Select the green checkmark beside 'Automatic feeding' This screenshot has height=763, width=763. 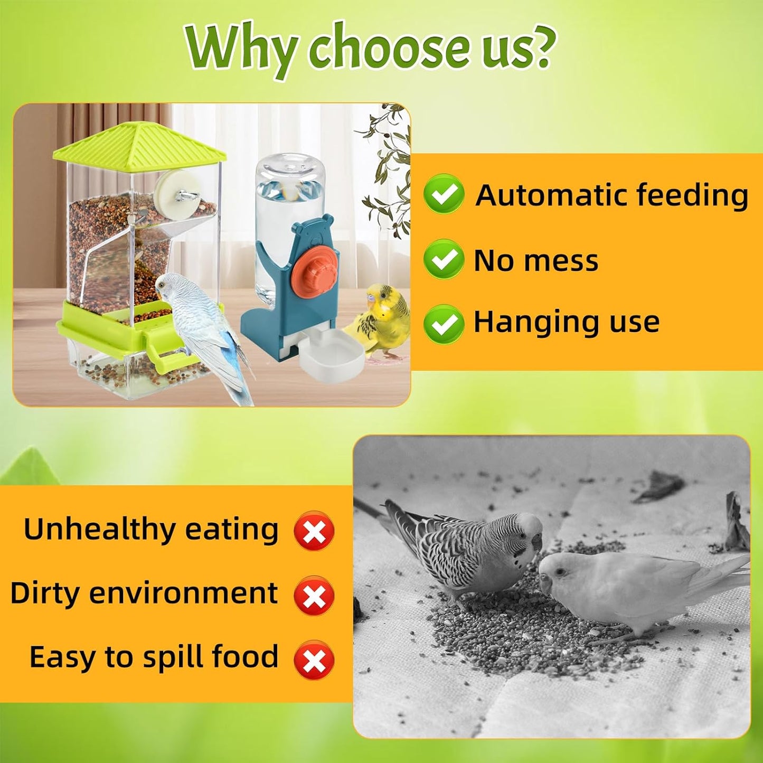click(444, 194)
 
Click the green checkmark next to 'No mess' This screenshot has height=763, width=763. click(444, 259)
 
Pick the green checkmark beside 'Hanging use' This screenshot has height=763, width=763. click(444, 324)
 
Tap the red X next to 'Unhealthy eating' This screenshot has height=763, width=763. click(314, 531)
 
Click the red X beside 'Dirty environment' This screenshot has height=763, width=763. click(314, 595)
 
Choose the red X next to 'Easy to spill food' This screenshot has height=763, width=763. click(314, 660)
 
